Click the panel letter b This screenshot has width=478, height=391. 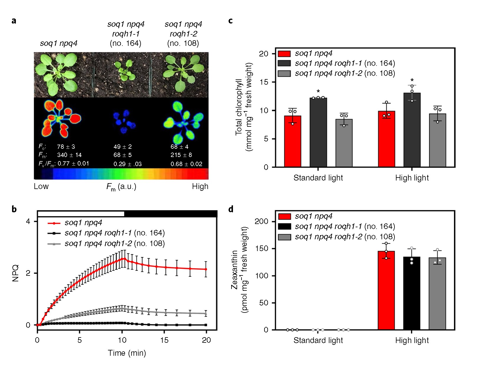tap(14, 209)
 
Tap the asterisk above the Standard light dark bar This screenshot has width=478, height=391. tap(318, 91)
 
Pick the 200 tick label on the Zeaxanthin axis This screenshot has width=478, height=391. tap(262, 221)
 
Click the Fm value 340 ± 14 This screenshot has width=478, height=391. tap(69, 155)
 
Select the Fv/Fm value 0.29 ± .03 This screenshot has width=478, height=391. tap(127, 164)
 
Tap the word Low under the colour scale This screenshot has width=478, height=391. tap(41, 186)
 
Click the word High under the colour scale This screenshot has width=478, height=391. tap(200, 186)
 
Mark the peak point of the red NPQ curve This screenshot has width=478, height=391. tap(124, 259)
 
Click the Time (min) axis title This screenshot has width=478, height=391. tap(127, 353)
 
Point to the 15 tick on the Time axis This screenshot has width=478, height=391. tap(164, 340)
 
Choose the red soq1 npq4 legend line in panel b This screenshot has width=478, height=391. tap(54, 223)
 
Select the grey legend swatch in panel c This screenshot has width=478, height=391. tap(284, 73)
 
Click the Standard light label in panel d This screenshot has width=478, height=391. tap(318, 340)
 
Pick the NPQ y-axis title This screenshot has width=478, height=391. tap(16, 273)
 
